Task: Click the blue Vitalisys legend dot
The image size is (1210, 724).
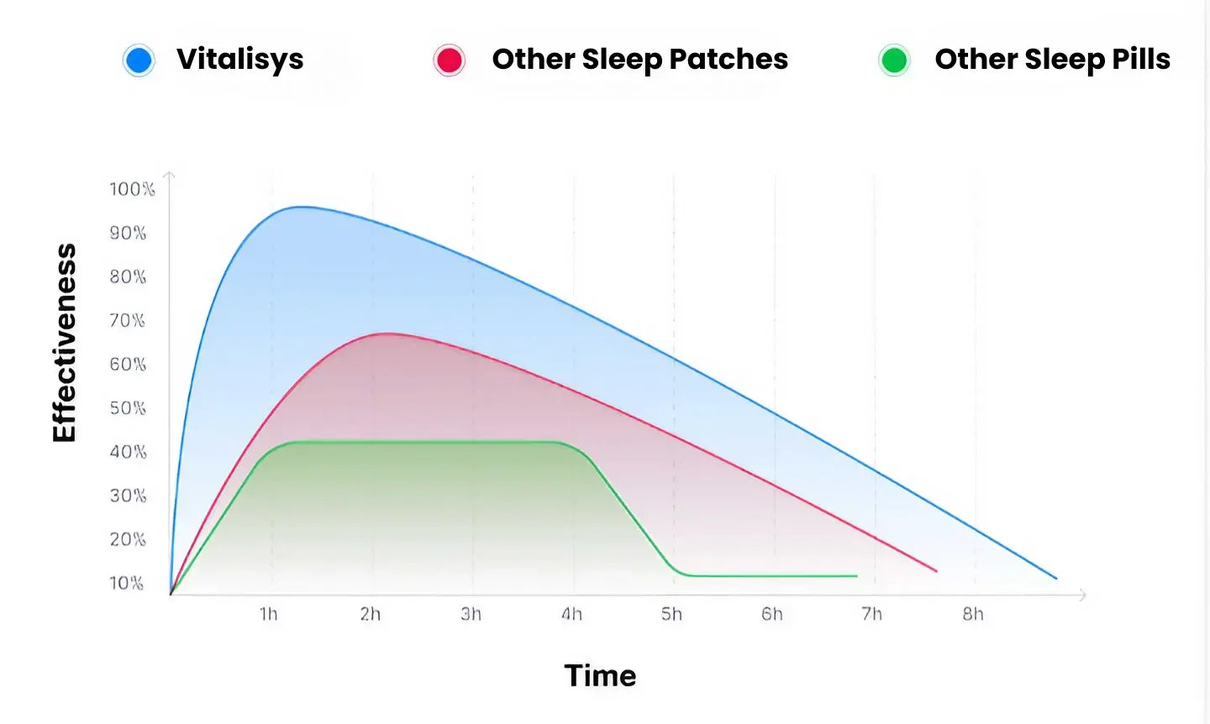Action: [139, 60]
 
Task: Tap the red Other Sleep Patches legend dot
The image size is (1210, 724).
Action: [450, 60]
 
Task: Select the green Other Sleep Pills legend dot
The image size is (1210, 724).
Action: [894, 60]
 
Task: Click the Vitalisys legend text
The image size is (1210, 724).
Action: [239, 60]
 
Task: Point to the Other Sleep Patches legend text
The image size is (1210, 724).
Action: [639, 60]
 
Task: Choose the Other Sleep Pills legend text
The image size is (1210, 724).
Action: [1052, 60]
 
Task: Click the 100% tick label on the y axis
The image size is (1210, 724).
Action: [132, 189]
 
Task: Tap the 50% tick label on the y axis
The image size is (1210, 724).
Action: [128, 408]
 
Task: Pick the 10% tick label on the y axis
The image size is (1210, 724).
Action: [127, 583]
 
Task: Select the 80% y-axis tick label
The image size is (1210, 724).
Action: [128, 277]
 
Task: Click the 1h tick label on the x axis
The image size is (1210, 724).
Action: [269, 615]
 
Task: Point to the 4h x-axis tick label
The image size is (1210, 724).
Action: [572, 615]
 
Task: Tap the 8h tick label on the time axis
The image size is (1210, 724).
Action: [973, 615]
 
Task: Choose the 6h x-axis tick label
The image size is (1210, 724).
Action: [772, 615]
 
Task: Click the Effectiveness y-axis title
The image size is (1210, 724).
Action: [65, 343]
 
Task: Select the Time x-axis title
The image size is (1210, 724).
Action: [600, 676]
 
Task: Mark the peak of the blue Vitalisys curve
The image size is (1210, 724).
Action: [300, 207]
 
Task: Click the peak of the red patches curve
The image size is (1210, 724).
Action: [386, 333]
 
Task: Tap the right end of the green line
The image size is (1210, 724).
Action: [856, 576]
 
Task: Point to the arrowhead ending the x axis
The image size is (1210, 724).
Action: [1083, 595]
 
